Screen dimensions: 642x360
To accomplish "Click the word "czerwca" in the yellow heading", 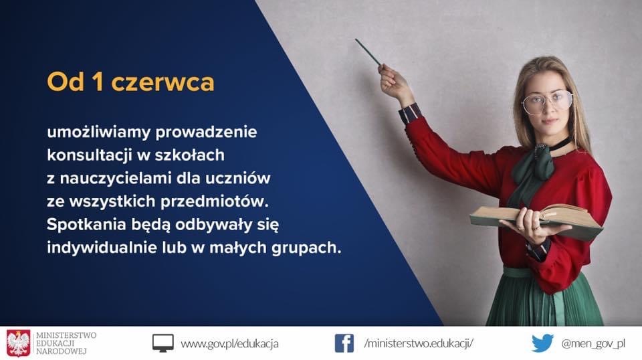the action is tap(163, 82).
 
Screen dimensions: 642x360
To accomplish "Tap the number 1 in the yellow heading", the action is tap(98, 82).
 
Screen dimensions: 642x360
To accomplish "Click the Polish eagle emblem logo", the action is tap(19, 343).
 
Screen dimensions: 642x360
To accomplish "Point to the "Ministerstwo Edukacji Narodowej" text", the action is tap(66, 343).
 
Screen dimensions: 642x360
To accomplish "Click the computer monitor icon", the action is tap(163, 343).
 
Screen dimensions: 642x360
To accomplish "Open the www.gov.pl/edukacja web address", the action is tap(229, 344).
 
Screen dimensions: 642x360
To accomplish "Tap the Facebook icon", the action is tap(344, 343).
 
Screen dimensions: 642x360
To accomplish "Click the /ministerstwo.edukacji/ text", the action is tap(419, 343).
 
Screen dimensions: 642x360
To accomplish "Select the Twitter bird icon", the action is tap(543, 343).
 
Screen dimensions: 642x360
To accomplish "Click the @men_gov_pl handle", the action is tap(593, 344).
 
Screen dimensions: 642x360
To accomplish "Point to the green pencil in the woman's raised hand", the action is tap(368, 52).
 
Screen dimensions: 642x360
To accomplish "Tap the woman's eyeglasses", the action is tap(547, 102).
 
